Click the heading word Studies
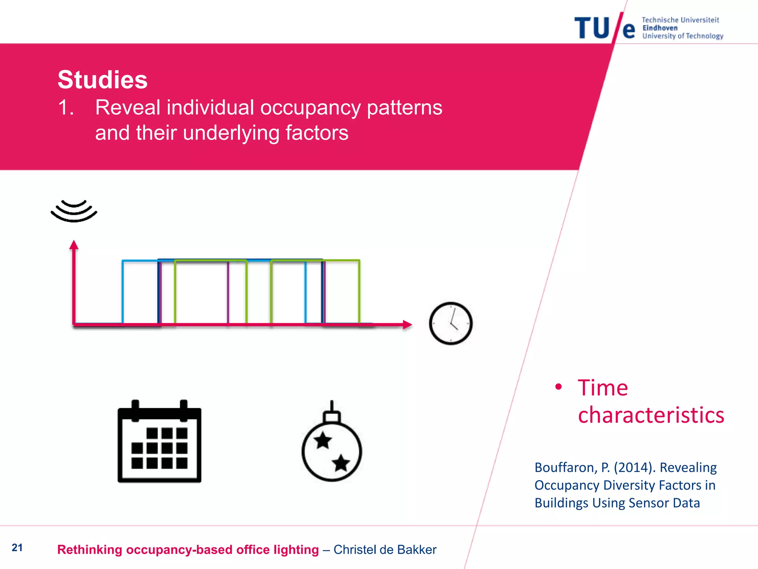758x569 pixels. pos(103,80)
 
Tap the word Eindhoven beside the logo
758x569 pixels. pos(660,28)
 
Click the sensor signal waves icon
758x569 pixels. pos(74,211)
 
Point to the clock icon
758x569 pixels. pos(450,323)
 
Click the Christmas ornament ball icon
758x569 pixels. pos(332,450)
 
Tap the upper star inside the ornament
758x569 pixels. pos(323,440)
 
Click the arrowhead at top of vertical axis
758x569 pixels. pos(74,245)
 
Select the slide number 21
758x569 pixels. pos(17,548)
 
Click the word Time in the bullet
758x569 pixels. pos(603,388)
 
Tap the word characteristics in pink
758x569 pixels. pos(651,415)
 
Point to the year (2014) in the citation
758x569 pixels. pos(634,467)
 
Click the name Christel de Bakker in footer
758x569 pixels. pos(385,550)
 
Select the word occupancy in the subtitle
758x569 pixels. pos(310,108)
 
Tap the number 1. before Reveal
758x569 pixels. pos(66,108)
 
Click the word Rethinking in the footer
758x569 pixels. pos(90,550)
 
